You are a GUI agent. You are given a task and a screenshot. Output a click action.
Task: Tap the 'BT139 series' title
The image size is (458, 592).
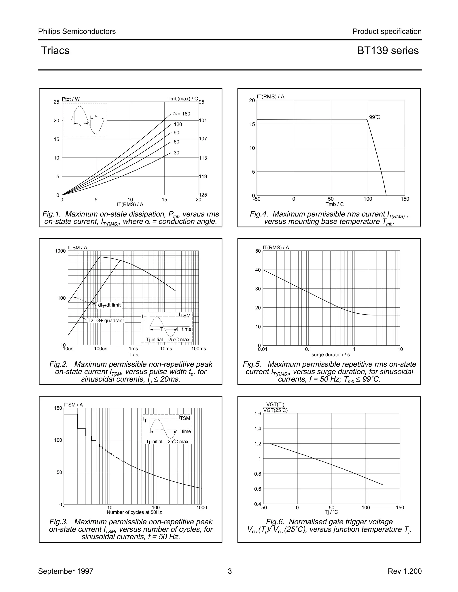coord(388,51)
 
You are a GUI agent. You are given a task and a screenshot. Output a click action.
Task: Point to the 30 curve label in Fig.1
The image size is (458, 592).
coord(176,153)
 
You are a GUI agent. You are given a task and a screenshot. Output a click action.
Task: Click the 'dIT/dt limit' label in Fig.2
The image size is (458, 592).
coord(109,305)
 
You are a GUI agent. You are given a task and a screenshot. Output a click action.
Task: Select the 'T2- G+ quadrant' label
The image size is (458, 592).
coord(106,321)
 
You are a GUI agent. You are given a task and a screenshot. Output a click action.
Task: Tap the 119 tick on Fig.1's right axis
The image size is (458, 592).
coord(203,176)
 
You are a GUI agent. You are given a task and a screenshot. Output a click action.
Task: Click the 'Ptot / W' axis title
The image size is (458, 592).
coord(71,99)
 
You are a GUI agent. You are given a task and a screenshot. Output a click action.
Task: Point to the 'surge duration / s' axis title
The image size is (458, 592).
coord(331,355)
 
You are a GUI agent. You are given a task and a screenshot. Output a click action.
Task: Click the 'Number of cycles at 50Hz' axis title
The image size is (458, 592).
coord(134,512)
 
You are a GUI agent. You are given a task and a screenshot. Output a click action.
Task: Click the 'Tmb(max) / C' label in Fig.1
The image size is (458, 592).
coord(183,99)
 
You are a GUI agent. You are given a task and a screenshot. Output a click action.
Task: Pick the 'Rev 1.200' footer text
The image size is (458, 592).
coord(405,571)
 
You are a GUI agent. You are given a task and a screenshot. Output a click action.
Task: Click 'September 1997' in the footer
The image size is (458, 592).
coord(66,571)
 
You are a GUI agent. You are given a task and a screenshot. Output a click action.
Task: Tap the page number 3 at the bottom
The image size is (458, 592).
coord(229,571)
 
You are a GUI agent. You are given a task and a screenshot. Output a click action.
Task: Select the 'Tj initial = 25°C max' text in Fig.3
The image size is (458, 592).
coord(167,442)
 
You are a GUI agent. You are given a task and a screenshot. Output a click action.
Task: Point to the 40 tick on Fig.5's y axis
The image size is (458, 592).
coord(258,270)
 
